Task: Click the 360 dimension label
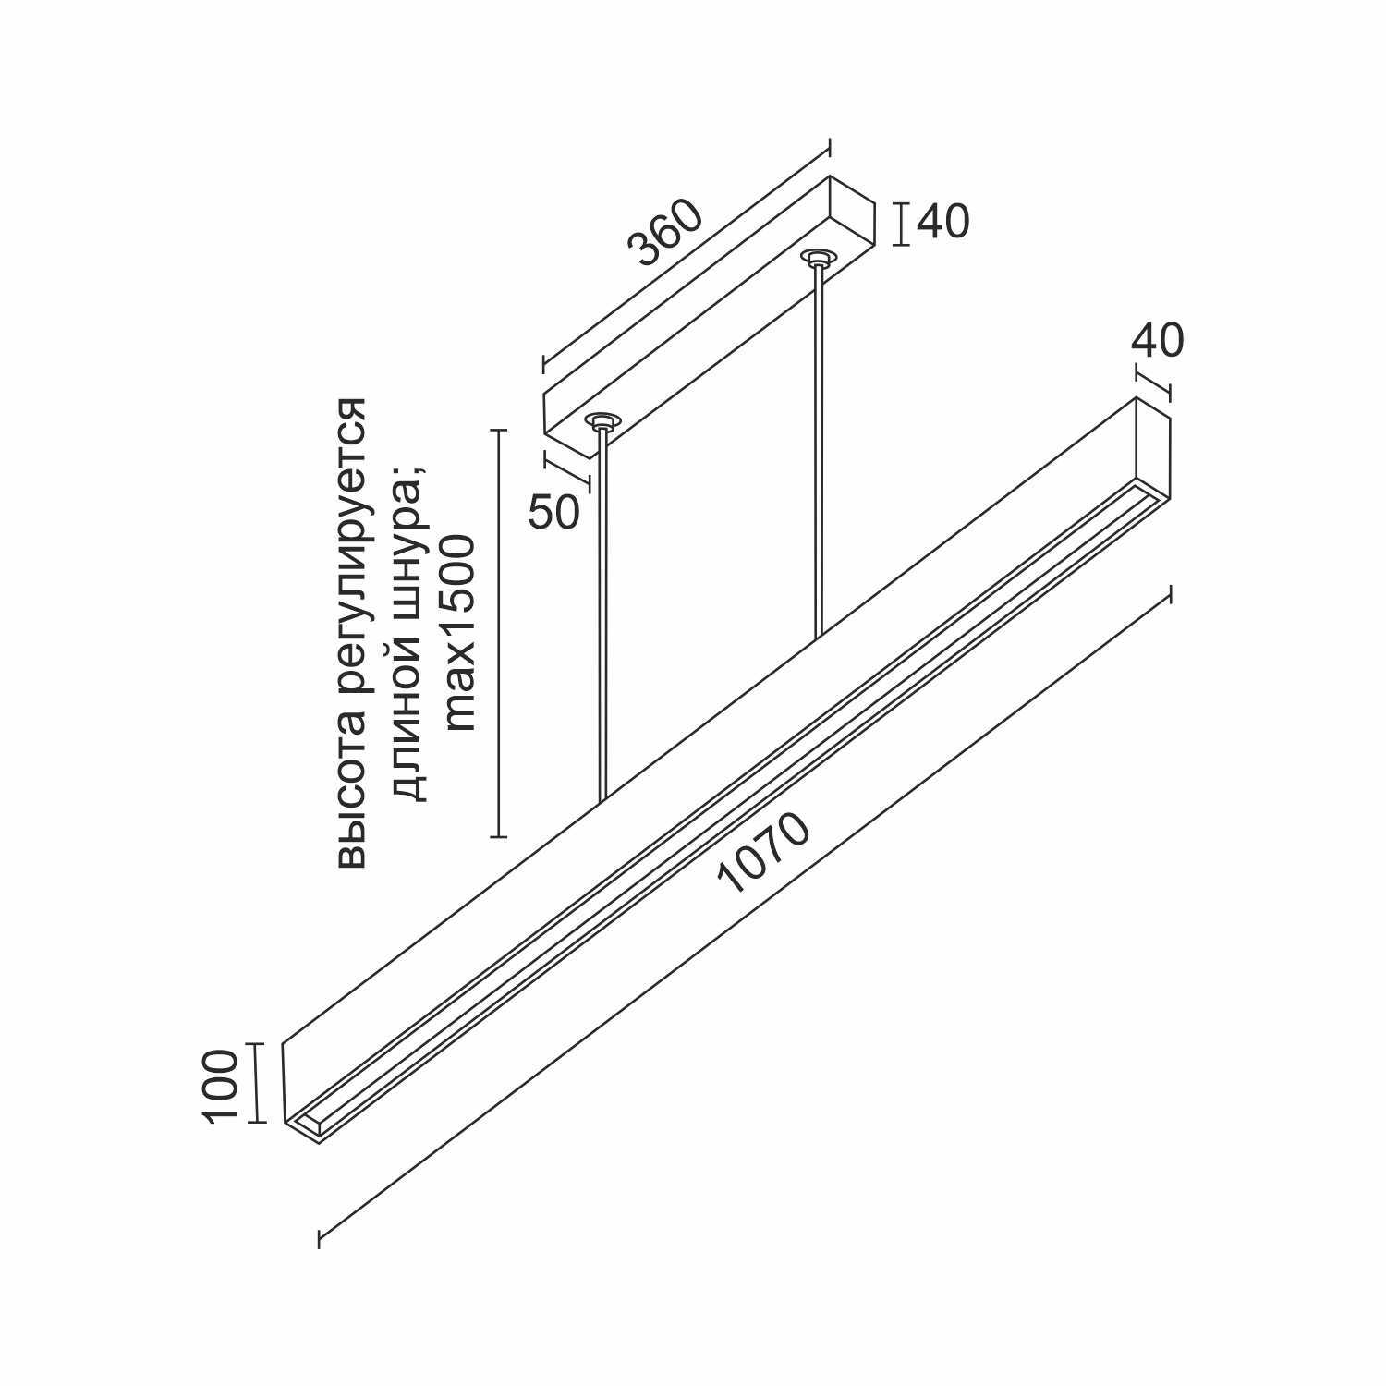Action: click(x=664, y=233)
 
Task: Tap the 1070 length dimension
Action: click(x=763, y=854)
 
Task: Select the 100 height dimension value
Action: click(x=221, y=1085)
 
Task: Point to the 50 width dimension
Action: click(x=554, y=512)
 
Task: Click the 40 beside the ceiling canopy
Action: click(x=943, y=222)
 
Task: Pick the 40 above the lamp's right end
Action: click(x=1157, y=341)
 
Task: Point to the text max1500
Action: click(x=459, y=633)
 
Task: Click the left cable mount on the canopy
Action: click(x=602, y=421)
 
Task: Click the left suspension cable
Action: click(x=603, y=614)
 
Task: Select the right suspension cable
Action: click(x=818, y=452)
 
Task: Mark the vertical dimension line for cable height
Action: click(x=499, y=634)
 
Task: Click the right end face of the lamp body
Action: click(x=1153, y=447)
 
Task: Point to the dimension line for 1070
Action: click(x=745, y=918)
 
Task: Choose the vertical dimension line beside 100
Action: click(x=256, y=1083)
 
